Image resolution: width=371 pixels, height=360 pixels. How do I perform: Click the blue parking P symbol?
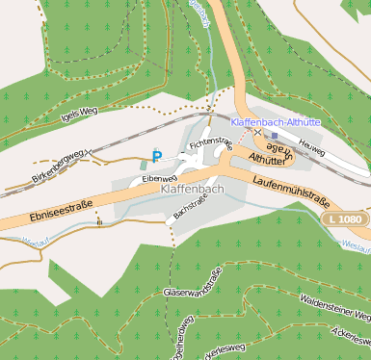156,157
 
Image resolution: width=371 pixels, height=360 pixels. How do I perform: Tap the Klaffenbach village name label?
189,191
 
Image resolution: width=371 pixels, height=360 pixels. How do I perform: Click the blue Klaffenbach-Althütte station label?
277,122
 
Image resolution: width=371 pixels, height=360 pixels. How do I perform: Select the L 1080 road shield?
344,220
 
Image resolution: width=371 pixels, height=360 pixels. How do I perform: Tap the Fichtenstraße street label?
211,144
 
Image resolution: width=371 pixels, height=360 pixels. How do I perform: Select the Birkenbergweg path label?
59,166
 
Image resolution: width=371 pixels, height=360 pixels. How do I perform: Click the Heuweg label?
311,141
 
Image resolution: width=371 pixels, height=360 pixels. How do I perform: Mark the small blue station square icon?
274,136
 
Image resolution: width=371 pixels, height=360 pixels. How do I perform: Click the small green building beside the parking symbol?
146,166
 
